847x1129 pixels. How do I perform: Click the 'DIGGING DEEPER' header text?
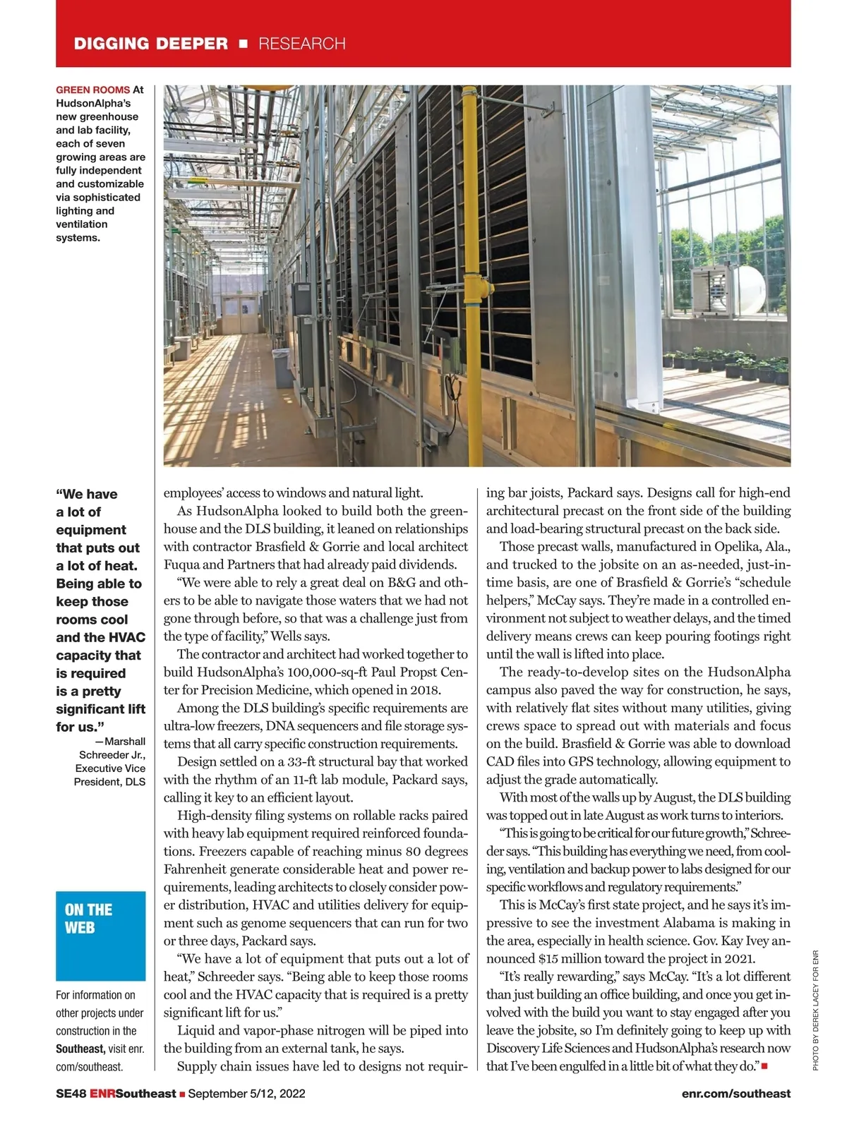coord(151,44)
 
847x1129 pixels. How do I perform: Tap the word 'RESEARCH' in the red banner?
coord(302,44)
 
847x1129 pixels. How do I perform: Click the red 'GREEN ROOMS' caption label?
coord(92,90)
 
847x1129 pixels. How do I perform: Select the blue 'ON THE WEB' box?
coord(100,936)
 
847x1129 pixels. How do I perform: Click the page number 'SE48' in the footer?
coord(71,1094)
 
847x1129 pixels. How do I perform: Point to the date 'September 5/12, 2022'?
coord(246,1094)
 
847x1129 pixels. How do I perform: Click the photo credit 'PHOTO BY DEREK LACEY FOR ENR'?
coord(815,1011)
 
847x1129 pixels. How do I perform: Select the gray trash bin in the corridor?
coord(284,368)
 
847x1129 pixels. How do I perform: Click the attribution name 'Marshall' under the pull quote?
coord(124,742)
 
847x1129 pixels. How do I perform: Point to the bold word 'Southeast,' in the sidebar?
coord(80,1049)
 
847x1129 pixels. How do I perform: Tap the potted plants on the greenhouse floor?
coord(727,363)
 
